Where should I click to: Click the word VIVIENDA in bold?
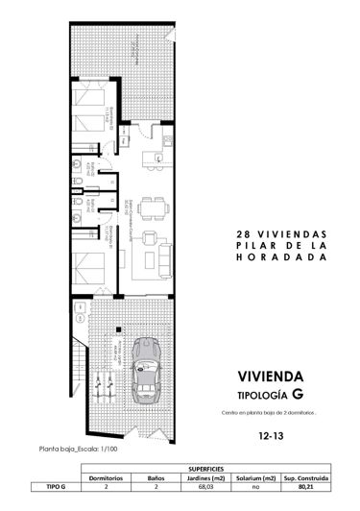tap(273, 375)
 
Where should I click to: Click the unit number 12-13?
tap(272, 434)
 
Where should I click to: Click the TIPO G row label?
tap(57, 487)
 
